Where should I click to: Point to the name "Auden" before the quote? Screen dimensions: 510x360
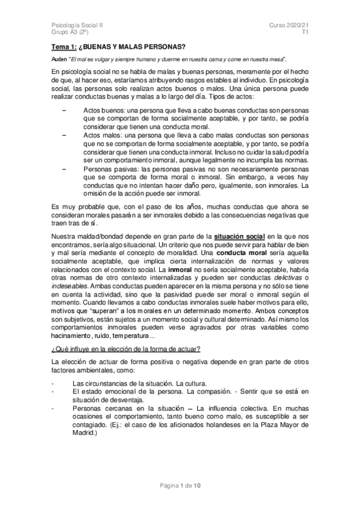(x=59, y=60)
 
